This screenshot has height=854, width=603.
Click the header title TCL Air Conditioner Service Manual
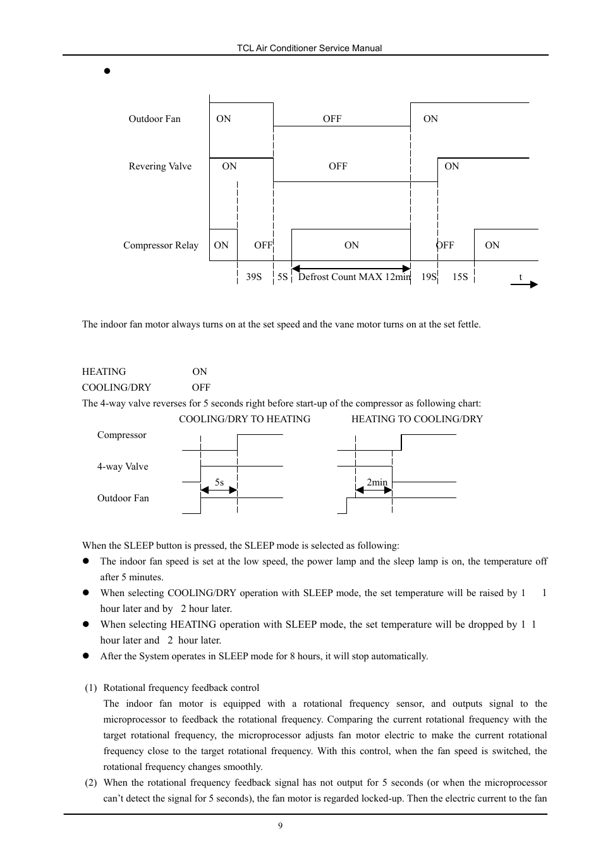coord(309,48)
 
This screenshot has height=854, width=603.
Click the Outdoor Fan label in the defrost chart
coord(154,119)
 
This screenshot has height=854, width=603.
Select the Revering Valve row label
coord(160,166)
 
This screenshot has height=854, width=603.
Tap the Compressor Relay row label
coord(161,245)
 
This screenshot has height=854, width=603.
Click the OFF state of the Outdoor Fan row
coord(332,119)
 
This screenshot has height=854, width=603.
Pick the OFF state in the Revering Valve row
coord(338,166)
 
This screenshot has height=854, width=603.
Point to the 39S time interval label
coord(253,277)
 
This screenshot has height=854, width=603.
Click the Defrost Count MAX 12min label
coord(354,277)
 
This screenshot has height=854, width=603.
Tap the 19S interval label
coord(429,277)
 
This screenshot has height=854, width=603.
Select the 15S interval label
coord(460,277)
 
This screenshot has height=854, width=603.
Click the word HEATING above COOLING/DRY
coord(104,372)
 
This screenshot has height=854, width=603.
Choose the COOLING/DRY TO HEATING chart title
coord(245,419)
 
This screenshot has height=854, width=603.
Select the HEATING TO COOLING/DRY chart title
coord(417,419)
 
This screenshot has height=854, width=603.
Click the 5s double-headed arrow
coord(219,490)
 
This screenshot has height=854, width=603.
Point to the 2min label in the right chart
coord(377,482)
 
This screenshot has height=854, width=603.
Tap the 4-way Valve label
coord(123,467)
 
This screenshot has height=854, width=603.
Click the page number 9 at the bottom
coord(280,826)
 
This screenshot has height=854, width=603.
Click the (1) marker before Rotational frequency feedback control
coord(91,688)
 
